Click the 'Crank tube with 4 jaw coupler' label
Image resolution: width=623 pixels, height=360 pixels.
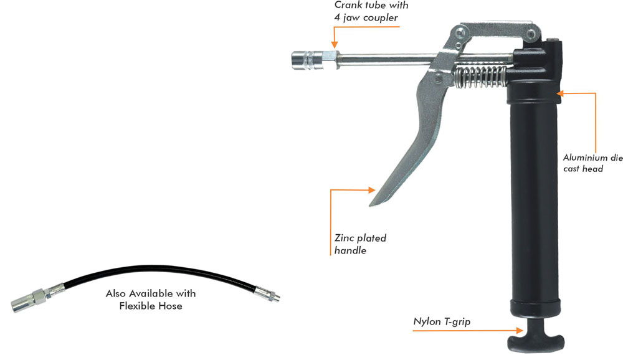pos(372,11)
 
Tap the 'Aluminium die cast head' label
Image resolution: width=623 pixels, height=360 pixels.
pos(592,163)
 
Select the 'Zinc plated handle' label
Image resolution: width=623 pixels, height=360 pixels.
pos(360,244)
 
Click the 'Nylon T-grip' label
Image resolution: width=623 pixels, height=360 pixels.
pos(441,321)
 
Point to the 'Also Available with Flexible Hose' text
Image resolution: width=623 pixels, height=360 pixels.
pos(151,299)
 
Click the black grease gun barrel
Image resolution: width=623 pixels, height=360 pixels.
pos(533,206)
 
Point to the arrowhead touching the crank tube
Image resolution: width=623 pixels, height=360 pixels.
pos(335,45)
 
